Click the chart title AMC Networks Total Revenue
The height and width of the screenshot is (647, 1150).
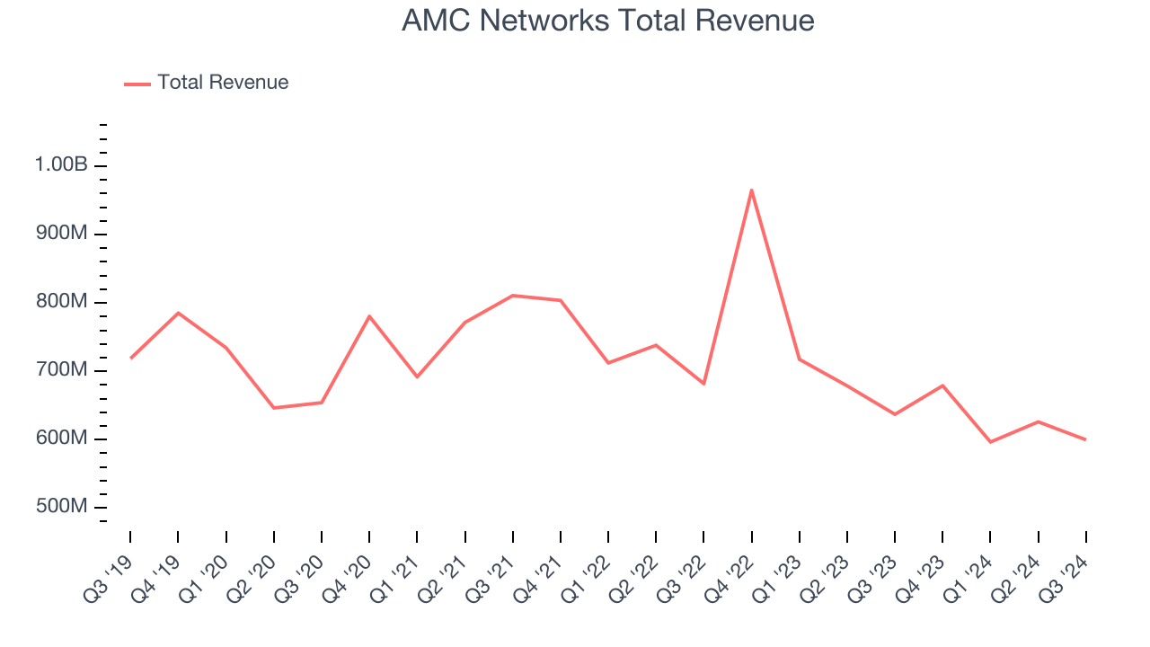[x=607, y=21]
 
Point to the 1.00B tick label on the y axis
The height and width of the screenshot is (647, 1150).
[x=61, y=165]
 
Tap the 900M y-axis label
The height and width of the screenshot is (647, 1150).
[x=61, y=234]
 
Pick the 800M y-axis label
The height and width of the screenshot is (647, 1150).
[x=61, y=302]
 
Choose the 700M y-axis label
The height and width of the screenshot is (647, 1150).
[x=61, y=370]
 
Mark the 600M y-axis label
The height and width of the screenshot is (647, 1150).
[x=61, y=439]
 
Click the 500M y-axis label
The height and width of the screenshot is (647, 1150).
[x=61, y=507]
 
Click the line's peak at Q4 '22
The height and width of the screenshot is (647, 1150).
[x=751, y=190]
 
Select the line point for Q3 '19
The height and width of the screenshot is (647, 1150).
[x=130, y=358]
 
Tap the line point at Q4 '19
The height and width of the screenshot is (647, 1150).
[x=178, y=313]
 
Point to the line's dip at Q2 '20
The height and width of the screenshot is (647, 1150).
[x=273, y=408]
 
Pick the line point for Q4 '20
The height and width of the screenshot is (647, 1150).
[x=369, y=316]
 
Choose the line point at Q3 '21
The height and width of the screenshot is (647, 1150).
[x=512, y=296]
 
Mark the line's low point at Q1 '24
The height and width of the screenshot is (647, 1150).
[x=990, y=442]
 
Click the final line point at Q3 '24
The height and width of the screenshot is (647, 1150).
[x=1085, y=439]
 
